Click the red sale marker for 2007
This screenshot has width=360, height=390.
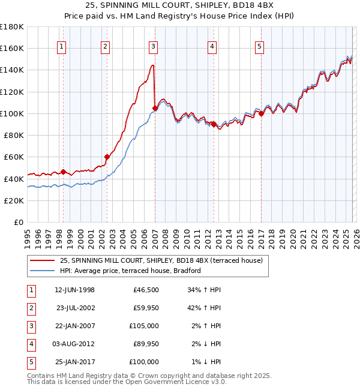pos(155,108)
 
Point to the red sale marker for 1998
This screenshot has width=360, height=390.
pos(63,172)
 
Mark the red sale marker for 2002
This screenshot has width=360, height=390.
pos(107,157)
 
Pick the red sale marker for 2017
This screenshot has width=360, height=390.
pos(261,113)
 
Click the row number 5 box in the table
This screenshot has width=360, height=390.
pos(29,362)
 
